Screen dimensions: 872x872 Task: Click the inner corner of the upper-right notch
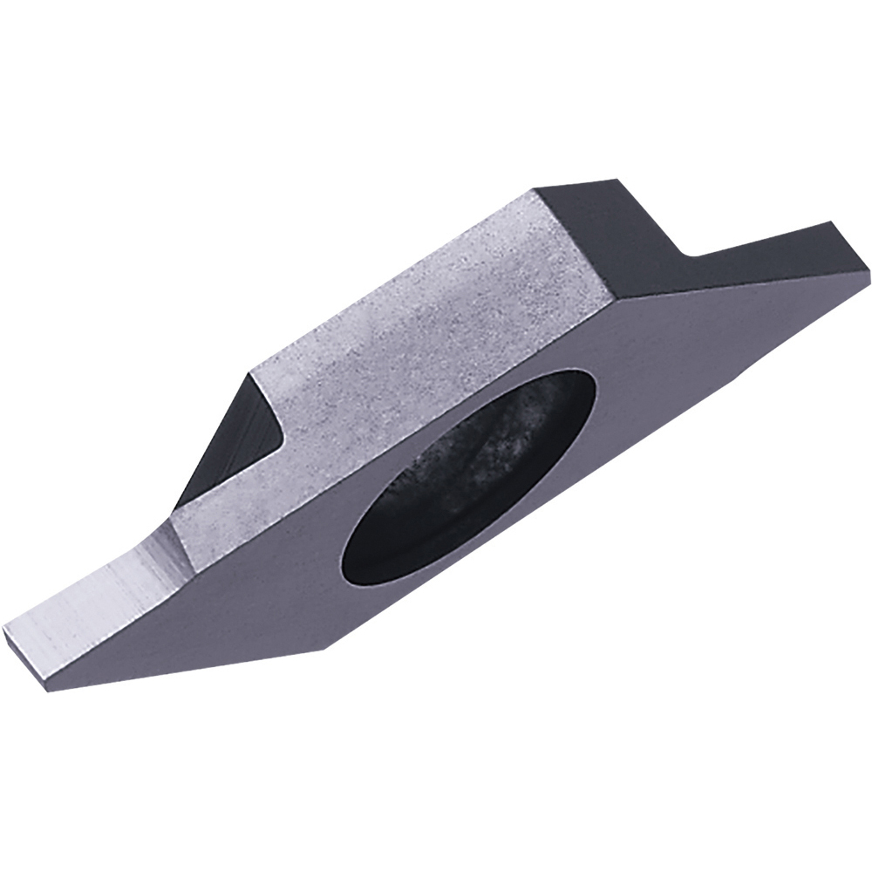point(690,255)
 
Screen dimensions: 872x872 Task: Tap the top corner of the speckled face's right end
point(534,190)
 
